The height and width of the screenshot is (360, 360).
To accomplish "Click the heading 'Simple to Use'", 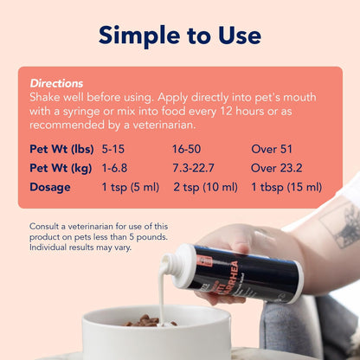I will pos(179,35).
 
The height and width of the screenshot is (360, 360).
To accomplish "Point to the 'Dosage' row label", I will pos(50,186).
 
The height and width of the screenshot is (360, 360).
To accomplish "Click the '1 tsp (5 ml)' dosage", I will pos(130,186).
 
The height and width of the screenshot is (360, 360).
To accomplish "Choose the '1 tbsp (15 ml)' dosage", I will pos(286,186).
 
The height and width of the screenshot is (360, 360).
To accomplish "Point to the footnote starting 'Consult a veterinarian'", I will pos(99,237).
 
